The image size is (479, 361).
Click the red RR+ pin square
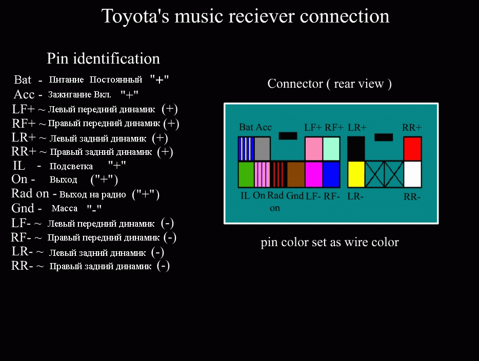412,149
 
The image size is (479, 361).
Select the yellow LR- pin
356,174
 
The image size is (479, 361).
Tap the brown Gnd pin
296,174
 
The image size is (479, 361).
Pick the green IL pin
246,174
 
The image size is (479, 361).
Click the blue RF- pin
331,174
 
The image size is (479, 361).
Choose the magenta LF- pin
313,174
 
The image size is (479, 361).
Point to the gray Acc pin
263,149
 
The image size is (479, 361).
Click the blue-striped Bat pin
246,149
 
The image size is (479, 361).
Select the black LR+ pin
356,149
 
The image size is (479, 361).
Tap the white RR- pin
412,174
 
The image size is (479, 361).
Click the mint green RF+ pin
331,149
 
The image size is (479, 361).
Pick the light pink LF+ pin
313,149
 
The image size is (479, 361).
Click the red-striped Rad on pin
278,174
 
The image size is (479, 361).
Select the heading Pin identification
103,58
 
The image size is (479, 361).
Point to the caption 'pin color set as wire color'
330,242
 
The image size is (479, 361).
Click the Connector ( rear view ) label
330,84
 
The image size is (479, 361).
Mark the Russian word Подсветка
71,166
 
